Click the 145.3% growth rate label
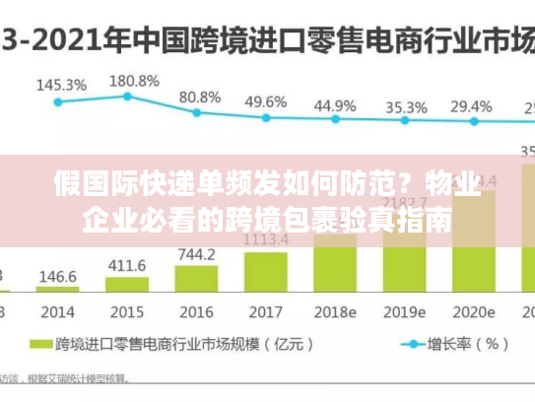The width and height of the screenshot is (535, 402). [x=60, y=86]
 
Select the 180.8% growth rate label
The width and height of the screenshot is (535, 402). [x=134, y=80]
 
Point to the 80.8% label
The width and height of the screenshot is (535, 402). [x=200, y=97]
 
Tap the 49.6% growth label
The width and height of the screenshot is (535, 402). [x=265, y=101]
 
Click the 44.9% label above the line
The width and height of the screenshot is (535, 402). [x=335, y=104]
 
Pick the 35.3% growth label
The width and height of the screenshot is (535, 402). [x=405, y=106]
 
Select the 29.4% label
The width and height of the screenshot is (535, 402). [x=471, y=106]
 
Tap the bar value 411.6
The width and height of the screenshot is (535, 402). [x=126, y=265]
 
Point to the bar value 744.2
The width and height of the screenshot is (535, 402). [x=196, y=254]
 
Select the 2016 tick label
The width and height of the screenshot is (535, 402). [x=196, y=311]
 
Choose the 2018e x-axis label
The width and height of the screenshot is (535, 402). [x=335, y=311]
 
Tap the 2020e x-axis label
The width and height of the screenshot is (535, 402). [x=474, y=311]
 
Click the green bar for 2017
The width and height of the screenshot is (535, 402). [x=265, y=272]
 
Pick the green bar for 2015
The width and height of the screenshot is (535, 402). [x=126, y=285]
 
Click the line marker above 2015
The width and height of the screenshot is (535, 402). [x=127, y=96]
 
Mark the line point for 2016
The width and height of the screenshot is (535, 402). [x=196, y=113]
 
